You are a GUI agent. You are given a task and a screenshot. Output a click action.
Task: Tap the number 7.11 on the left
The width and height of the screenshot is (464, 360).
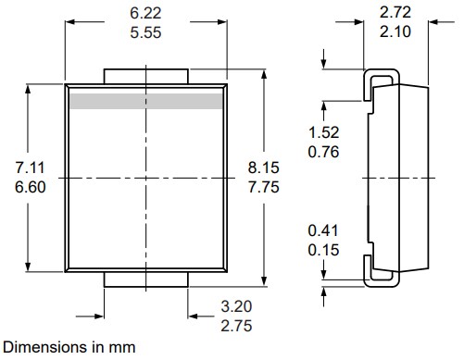31,168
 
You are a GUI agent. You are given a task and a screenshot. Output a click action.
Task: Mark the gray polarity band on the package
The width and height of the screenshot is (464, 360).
147,100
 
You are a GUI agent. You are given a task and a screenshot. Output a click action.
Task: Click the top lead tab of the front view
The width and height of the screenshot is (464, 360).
147,74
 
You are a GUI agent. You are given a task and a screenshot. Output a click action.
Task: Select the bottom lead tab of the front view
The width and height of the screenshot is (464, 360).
147,280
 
